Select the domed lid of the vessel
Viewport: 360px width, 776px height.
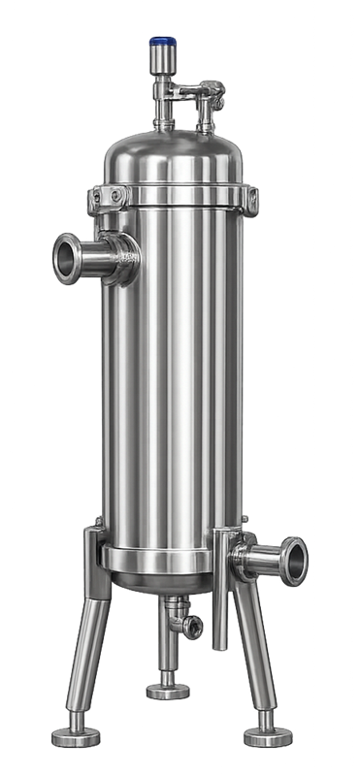pyautogui.click(x=176, y=155)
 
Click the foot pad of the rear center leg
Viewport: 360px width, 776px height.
pyautogui.click(x=167, y=691)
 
